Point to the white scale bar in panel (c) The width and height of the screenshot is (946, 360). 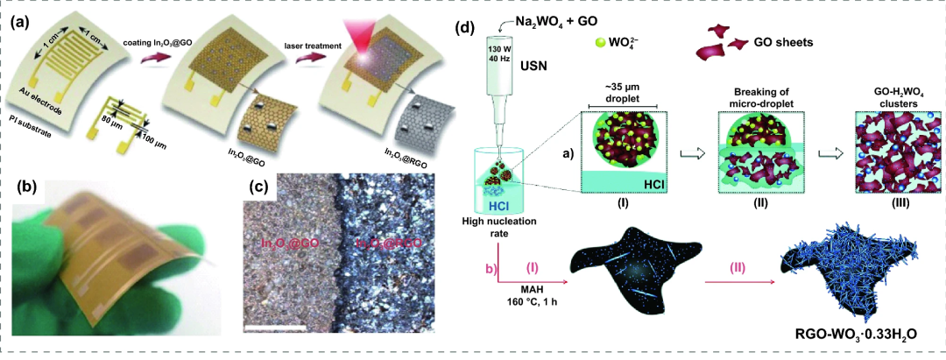[274, 328]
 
